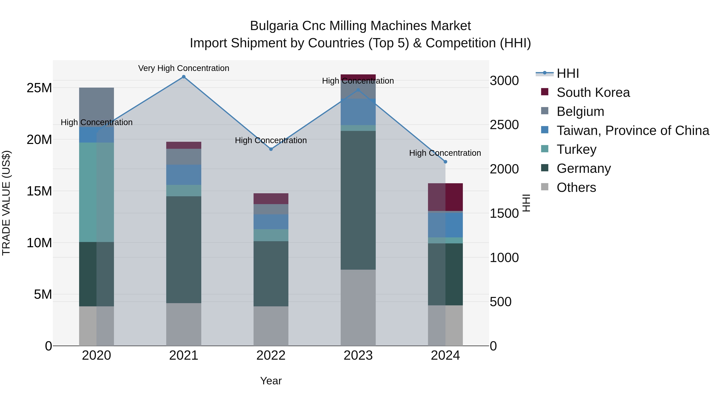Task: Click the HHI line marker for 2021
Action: (184, 77)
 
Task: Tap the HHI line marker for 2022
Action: (271, 149)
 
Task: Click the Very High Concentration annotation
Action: (184, 68)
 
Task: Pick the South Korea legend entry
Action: (593, 92)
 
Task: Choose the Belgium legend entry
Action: (580, 111)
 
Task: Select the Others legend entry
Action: (576, 187)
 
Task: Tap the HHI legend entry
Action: (568, 73)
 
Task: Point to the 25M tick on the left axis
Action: (39, 88)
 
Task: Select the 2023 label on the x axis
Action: (358, 355)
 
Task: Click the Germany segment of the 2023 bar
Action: (358, 200)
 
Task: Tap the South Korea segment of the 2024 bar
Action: (445, 197)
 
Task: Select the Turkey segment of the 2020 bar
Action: (96, 192)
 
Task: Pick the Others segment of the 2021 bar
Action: (184, 324)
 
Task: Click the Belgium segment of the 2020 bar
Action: (96, 107)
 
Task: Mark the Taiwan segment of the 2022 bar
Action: (271, 222)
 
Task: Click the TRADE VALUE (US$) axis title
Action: (6, 203)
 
